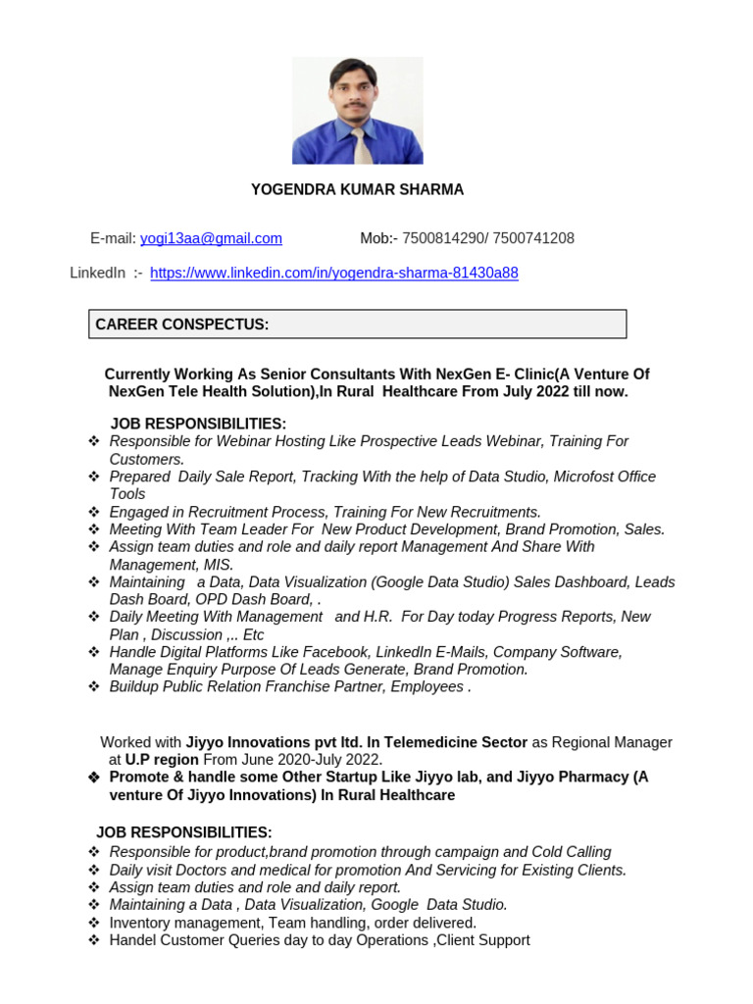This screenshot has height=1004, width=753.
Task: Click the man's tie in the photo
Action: click(362, 146)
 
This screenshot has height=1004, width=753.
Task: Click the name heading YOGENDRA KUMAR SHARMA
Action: click(357, 189)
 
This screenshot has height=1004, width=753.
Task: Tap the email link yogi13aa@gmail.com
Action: click(211, 238)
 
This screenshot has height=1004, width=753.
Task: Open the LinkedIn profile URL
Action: click(333, 274)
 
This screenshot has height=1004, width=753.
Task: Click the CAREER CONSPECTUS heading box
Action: click(357, 325)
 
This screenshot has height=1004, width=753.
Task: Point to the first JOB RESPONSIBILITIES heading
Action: click(198, 424)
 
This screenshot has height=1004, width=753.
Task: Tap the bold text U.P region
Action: click(161, 760)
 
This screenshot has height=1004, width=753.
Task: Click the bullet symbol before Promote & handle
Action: click(94, 778)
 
